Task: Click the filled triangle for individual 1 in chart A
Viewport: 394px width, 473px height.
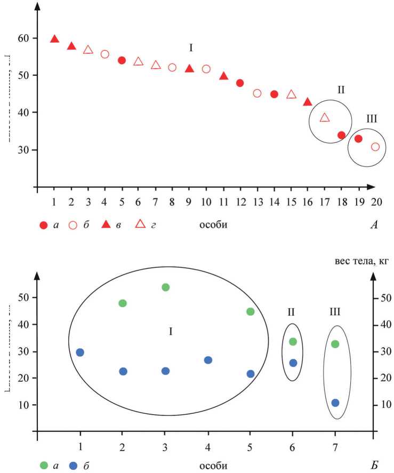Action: point(54,39)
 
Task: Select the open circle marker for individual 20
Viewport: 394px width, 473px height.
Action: point(375,147)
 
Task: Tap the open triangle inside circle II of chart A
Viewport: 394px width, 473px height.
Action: point(325,117)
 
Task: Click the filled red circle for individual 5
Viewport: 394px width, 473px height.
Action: point(122,60)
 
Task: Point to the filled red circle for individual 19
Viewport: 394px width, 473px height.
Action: point(358,139)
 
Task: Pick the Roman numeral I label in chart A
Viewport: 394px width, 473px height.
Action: point(190,48)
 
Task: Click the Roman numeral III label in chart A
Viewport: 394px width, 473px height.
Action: point(372,119)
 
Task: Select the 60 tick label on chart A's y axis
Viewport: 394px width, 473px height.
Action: point(23,38)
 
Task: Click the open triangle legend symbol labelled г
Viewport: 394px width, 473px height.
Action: point(140,225)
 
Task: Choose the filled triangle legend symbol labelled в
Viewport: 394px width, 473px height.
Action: point(106,225)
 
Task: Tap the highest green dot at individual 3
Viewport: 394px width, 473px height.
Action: point(165,287)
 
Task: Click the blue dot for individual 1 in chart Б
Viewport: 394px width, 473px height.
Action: point(80,352)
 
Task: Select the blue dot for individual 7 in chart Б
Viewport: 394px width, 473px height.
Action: point(335,403)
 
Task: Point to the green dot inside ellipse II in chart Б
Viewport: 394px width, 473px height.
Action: point(292,342)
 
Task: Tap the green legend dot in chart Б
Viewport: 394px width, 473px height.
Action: point(44,465)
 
